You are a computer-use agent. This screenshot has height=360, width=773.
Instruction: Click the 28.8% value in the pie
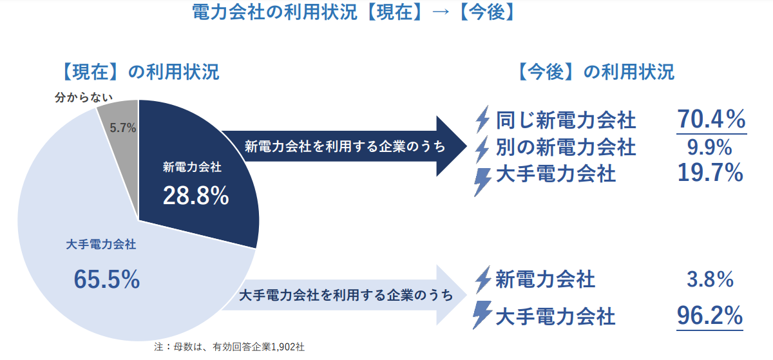[196, 196]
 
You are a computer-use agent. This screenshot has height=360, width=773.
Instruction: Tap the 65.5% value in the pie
[107, 279]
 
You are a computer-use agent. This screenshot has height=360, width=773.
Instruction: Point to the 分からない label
[84, 98]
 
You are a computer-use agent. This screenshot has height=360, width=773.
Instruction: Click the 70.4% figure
[711, 119]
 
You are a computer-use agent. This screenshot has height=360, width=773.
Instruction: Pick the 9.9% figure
[711, 147]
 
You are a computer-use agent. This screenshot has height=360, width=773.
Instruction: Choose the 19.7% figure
[711, 173]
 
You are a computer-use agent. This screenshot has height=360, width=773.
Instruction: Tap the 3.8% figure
[711, 279]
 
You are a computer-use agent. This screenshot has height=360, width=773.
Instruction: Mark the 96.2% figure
[711, 316]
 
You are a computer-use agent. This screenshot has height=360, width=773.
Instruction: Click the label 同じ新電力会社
[566, 120]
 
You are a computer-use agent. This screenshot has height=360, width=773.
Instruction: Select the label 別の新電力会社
[566, 147]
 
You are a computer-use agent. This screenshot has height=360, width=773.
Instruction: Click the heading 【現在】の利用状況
[137, 71]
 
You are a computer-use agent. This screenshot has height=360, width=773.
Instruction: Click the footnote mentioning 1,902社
[230, 347]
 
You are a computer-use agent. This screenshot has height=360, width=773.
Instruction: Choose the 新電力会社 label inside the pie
[192, 167]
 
